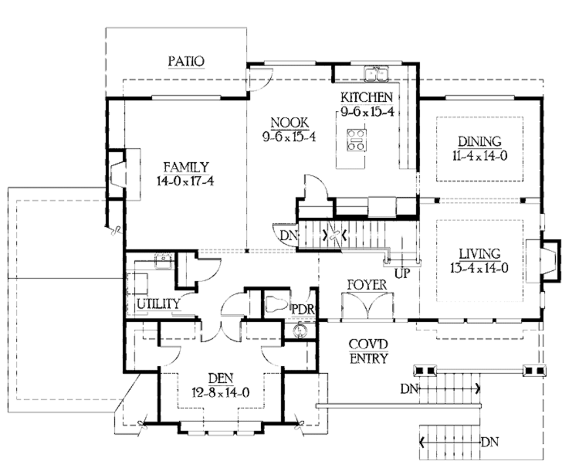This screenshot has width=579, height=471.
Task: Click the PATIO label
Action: [x=186, y=61]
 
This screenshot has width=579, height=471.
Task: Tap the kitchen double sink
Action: [x=376, y=73]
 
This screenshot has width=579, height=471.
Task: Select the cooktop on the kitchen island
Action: [x=356, y=140]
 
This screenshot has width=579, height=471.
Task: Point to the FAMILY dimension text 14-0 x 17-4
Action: [x=186, y=181]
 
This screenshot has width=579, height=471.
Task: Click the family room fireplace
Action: [x=120, y=173]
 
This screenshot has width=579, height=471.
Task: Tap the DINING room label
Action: [x=479, y=141]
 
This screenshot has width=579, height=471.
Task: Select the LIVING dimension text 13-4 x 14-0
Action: [x=479, y=268]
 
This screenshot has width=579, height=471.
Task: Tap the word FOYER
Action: [x=366, y=284]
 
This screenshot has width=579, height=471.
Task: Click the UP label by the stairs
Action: [x=403, y=274]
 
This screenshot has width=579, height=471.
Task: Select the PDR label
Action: [x=303, y=309]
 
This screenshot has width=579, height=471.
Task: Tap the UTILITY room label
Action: [x=158, y=304]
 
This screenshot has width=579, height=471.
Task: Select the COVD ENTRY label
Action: [x=368, y=351]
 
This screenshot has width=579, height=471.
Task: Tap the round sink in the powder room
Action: [x=297, y=331]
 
